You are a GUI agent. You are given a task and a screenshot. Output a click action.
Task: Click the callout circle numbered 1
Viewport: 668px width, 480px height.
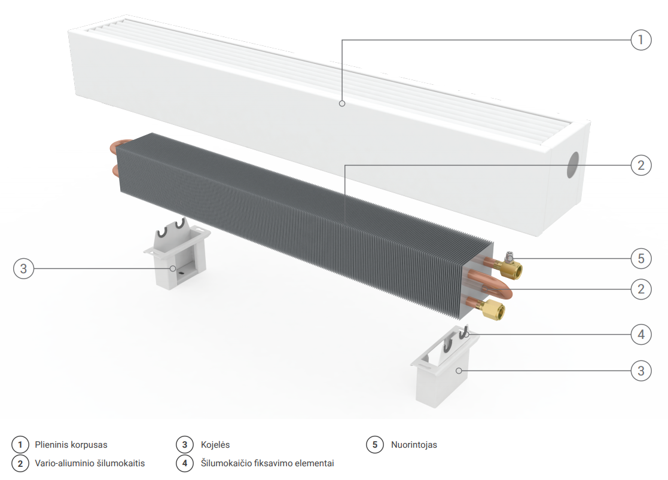coord(640,40)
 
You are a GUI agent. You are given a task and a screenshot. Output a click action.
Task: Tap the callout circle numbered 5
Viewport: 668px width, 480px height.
coord(640,258)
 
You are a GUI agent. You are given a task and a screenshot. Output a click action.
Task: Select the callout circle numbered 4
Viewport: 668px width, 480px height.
coord(640,334)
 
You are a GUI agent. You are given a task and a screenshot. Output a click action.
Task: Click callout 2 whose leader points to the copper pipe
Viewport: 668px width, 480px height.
coord(640,289)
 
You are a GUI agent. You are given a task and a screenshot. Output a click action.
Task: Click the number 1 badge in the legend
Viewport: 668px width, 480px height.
coord(20,445)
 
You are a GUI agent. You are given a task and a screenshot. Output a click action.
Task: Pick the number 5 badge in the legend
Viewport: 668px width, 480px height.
coord(375,445)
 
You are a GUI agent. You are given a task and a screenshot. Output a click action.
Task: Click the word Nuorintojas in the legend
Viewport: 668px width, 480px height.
coord(414,445)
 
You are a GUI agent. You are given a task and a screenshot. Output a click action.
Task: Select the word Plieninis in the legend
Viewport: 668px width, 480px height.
coord(53,445)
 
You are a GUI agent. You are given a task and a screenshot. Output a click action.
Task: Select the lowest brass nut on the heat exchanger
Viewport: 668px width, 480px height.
coord(493,311)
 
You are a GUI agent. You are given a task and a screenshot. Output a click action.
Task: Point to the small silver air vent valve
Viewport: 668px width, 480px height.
coord(508,258)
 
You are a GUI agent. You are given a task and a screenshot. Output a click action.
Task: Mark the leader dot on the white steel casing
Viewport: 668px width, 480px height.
coord(342,103)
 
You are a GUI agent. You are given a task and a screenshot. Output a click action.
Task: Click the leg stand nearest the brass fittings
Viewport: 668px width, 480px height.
coord(444,368)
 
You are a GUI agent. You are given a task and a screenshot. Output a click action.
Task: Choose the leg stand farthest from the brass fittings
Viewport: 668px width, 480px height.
coord(176,257)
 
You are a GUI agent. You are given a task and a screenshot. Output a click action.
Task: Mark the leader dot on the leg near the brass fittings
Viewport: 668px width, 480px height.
coord(459,371)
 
